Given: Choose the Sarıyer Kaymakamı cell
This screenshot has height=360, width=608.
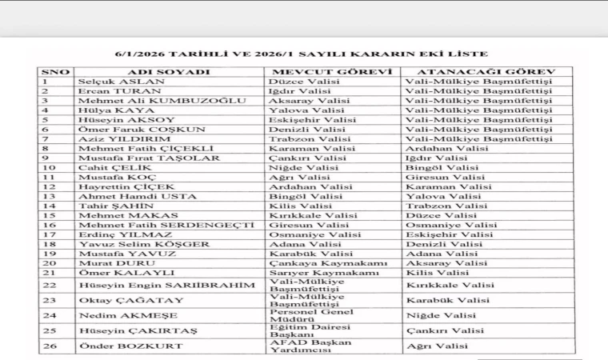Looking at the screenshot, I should click(x=324, y=273).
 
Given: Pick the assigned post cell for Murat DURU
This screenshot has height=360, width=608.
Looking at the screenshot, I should click(x=447, y=262).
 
